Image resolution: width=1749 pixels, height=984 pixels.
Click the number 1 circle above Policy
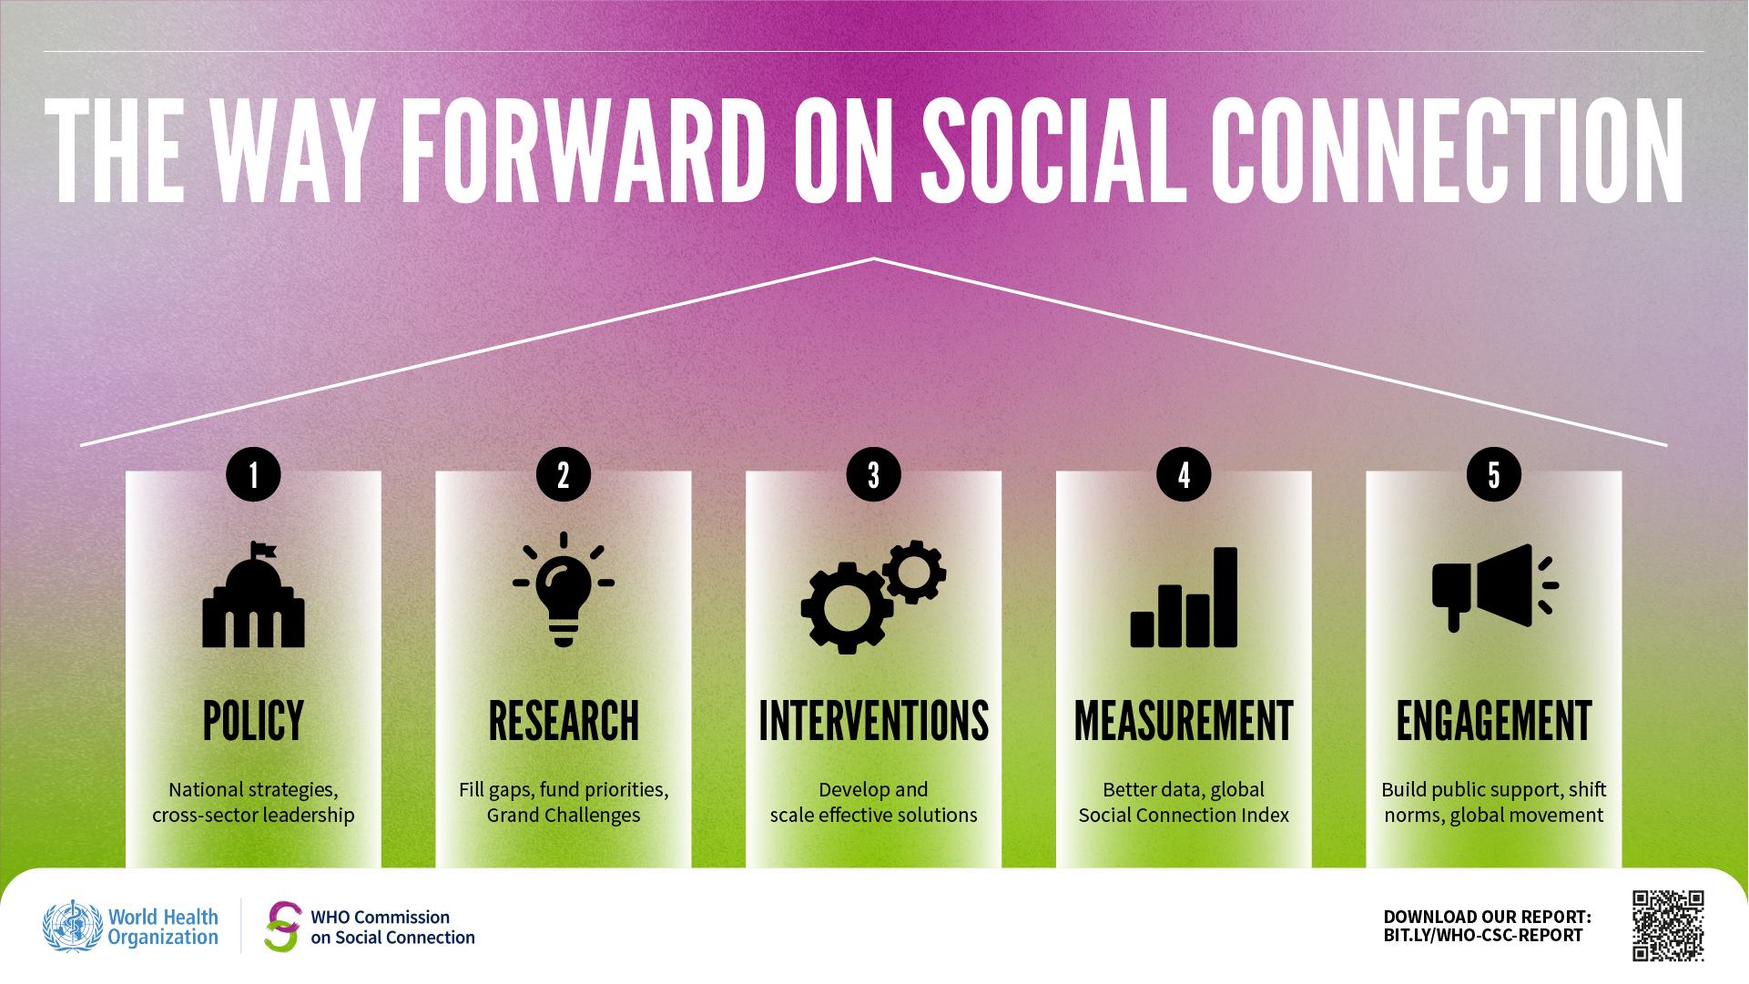[x=253, y=474]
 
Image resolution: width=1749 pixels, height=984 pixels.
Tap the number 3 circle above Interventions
[x=873, y=474]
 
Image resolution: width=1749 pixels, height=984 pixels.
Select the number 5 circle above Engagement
[x=1493, y=474]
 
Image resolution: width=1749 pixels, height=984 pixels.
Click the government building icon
[x=253, y=594]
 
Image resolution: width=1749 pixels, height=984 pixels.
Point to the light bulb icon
[x=564, y=590]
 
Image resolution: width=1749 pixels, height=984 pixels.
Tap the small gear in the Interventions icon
[x=914, y=572]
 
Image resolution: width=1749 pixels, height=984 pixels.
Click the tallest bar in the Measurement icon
[x=1225, y=597]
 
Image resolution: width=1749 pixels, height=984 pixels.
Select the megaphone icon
[x=1494, y=587]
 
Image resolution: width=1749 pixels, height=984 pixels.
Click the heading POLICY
[x=253, y=721]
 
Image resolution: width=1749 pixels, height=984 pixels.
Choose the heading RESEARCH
[x=564, y=721]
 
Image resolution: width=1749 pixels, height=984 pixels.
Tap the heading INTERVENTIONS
[x=873, y=721]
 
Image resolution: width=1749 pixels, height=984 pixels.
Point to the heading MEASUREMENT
[x=1184, y=721]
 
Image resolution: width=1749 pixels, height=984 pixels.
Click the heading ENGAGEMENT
[x=1494, y=721]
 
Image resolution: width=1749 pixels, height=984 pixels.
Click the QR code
[x=1668, y=926]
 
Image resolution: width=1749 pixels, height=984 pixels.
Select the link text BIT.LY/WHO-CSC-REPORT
[x=1483, y=936]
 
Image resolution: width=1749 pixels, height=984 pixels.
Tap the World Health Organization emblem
[x=73, y=927]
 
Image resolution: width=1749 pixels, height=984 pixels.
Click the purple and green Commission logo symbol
[x=283, y=927]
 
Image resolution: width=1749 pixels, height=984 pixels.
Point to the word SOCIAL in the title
[x=1054, y=150]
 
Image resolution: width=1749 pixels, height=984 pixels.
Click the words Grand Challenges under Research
[x=564, y=815]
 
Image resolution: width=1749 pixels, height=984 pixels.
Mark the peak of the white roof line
[x=873, y=259]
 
